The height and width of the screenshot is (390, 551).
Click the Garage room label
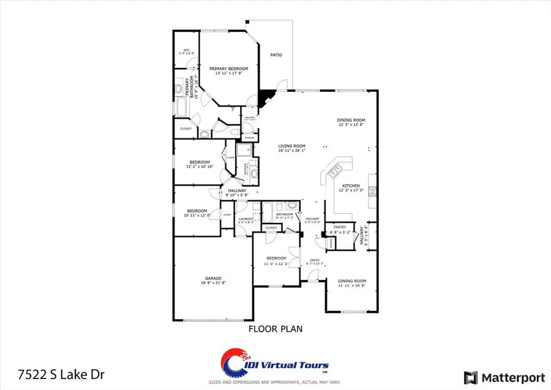(x=213, y=278)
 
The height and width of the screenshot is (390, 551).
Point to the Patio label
(x=277, y=55)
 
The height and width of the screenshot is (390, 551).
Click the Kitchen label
(x=351, y=186)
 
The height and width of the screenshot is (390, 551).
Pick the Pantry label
(x=339, y=227)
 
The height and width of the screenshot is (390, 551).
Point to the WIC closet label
(x=186, y=50)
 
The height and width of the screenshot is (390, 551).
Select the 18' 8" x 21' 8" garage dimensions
(x=213, y=283)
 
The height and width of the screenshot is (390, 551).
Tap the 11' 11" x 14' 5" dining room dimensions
(x=351, y=285)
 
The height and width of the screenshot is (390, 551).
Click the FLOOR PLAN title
(x=275, y=329)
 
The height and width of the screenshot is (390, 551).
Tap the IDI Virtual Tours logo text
(x=297, y=366)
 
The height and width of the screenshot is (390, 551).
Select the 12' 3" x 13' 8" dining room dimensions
(x=351, y=125)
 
